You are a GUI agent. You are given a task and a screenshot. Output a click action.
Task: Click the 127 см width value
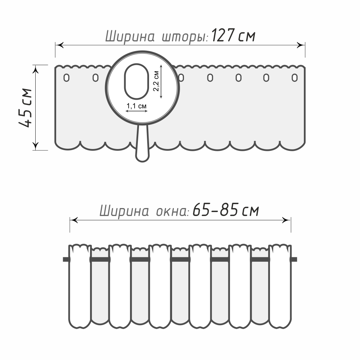coord(233,36)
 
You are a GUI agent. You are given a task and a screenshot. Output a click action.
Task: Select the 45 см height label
coord(26,107)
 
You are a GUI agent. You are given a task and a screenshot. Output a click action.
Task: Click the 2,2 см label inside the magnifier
coord(156,81)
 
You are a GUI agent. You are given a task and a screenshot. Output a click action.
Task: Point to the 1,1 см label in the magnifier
coord(136,106)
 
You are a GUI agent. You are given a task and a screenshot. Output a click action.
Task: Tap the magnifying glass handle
coord(142,144)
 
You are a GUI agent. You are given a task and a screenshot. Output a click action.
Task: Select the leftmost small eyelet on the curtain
coord(66,78)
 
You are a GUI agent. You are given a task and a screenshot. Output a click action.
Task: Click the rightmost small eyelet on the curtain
coord(294,78)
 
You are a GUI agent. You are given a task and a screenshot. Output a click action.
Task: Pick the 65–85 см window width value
coord(226,210)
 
